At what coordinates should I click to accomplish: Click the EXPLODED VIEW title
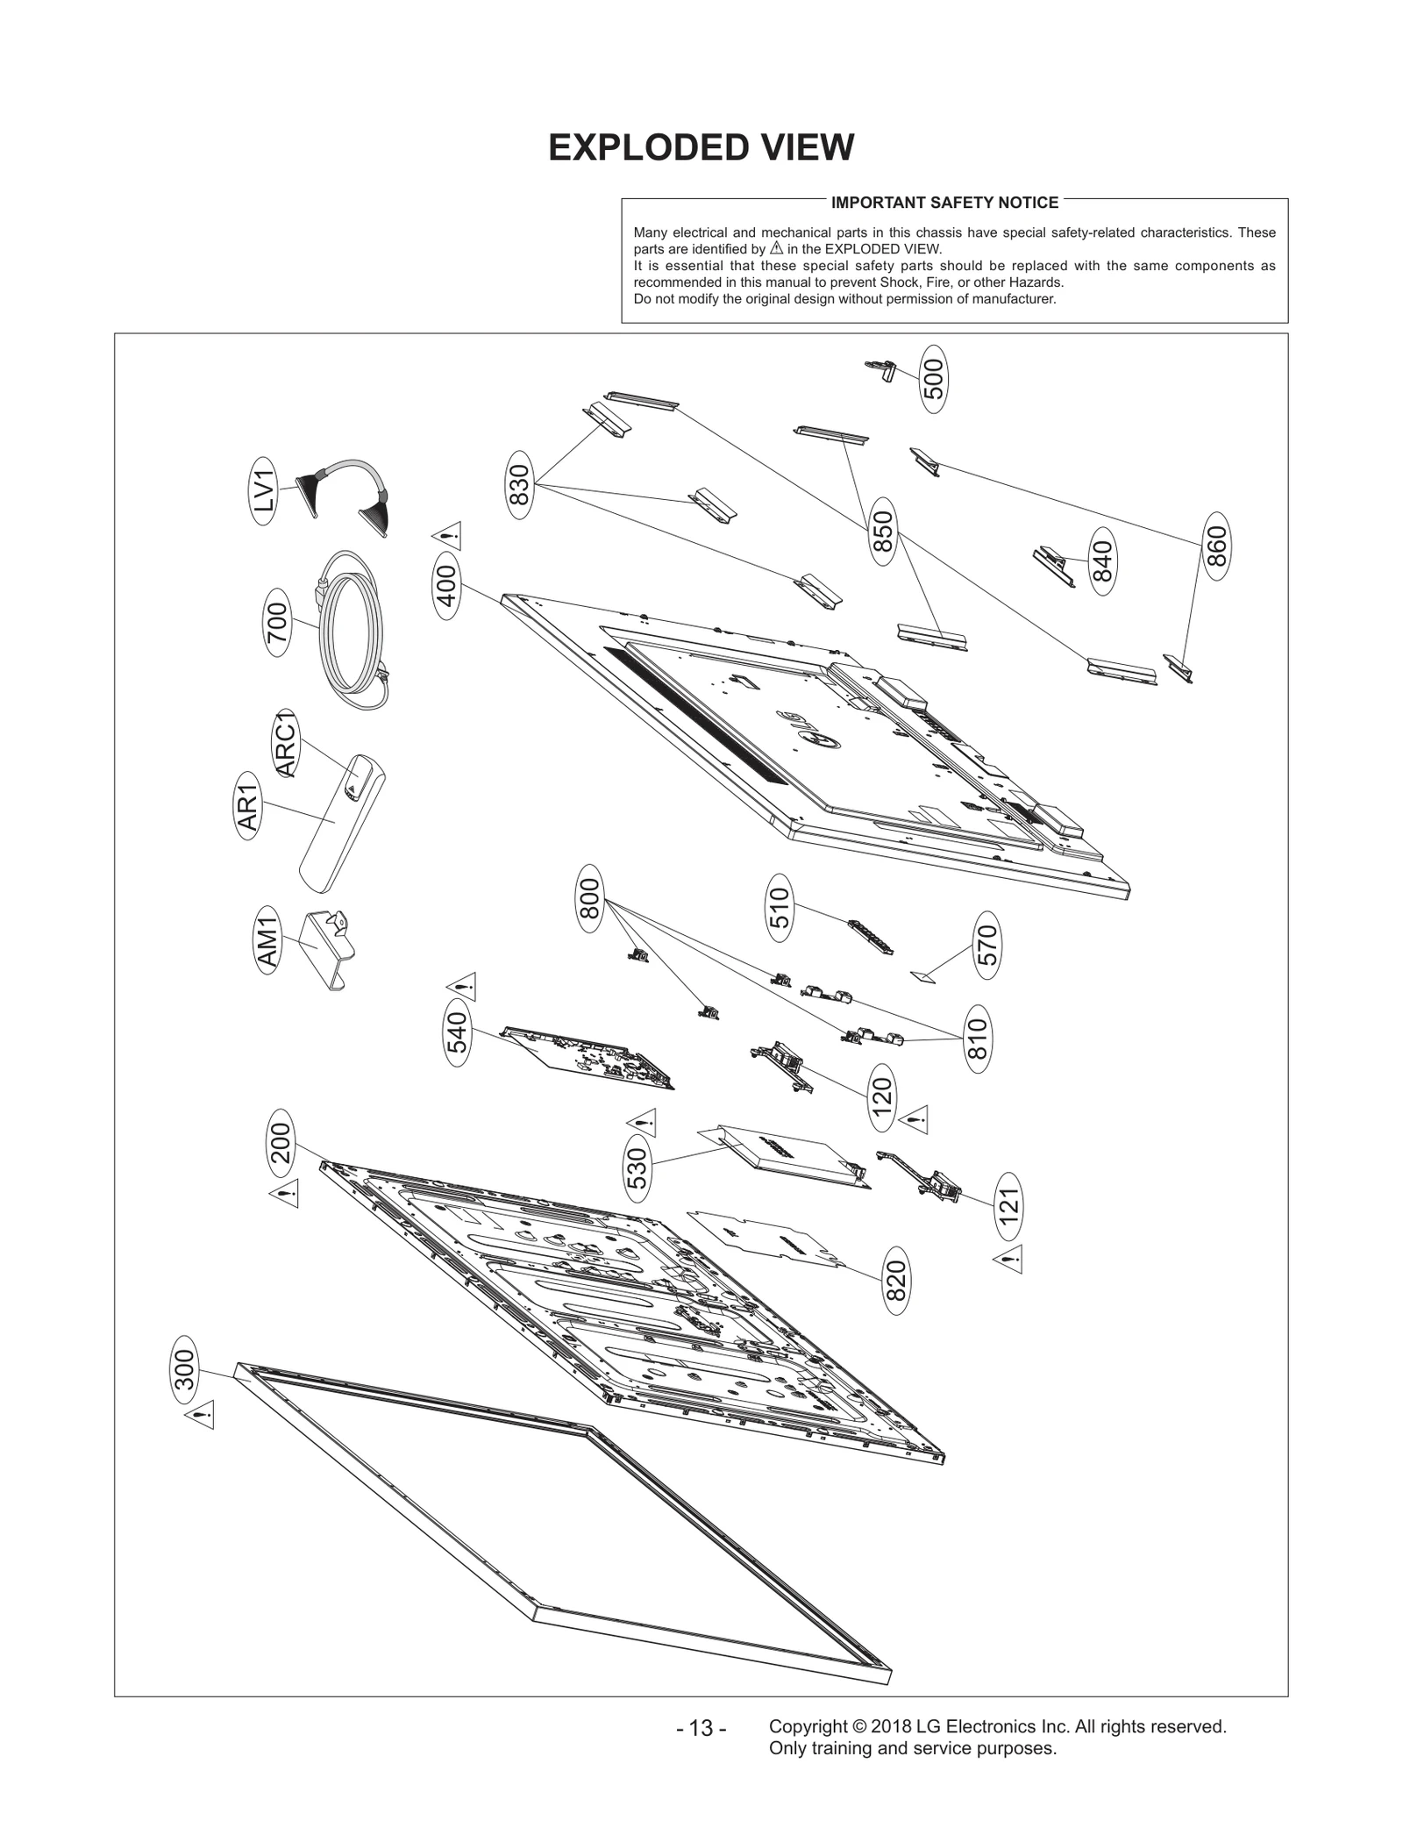point(701,147)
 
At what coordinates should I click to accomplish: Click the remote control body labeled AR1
point(338,820)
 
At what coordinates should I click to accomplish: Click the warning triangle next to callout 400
point(447,535)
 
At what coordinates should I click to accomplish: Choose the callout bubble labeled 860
point(1215,546)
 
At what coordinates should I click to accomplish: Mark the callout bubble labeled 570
point(987,946)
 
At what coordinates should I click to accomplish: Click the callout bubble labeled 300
point(184,1370)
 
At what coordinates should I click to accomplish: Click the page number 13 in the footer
point(701,1729)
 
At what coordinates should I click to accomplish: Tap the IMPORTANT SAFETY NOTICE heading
point(944,203)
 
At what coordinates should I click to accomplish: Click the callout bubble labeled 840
point(1102,561)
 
